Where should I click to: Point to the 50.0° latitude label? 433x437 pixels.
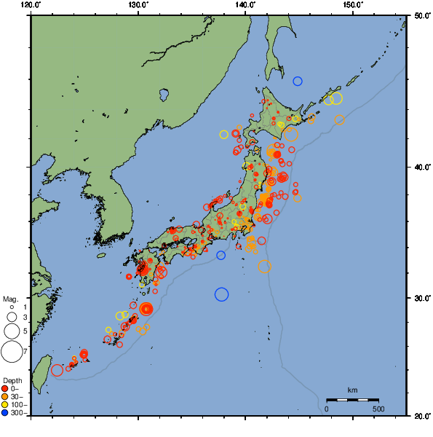pyautogui.click(x=420, y=15)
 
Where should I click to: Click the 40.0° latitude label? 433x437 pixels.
pyautogui.click(x=420, y=167)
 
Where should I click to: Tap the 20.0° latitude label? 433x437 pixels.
pyautogui.click(x=420, y=416)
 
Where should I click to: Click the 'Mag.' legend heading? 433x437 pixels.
pyautogui.click(x=10, y=299)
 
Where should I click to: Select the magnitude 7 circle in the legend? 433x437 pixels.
pyautogui.click(x=12, y=352)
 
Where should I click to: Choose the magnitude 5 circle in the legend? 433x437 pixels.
pyautogui.click(x=12, y=331)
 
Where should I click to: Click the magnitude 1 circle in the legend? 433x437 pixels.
pyautogui.click(x=12, y=308)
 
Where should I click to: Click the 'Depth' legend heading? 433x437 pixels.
pyautogui.click(x=12, y=380)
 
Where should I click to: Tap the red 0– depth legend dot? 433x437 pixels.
pyautogui.click(x=6, y=388)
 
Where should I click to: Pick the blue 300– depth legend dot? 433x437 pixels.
pyautogui.click(x=6, y=413)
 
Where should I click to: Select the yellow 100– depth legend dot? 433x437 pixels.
pyautogui.click(x=6, y=404)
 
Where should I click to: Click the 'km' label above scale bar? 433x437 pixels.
pyautogui.click(x=352, y=390)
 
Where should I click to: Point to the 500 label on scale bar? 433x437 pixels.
pyautogui.click(x=378, y=409)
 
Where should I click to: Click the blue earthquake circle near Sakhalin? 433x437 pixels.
pyautogui.click(x=298, y=81)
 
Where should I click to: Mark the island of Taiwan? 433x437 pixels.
pyautogui.click(x=42, y=368)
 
